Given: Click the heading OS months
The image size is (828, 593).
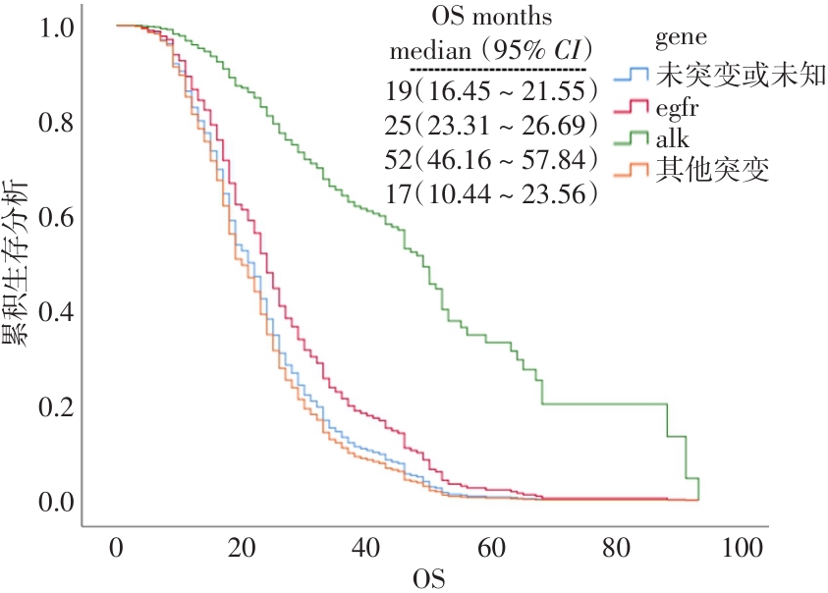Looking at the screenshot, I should (x=491, y=17).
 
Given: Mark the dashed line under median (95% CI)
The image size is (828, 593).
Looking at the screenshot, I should (x=497, y=70).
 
